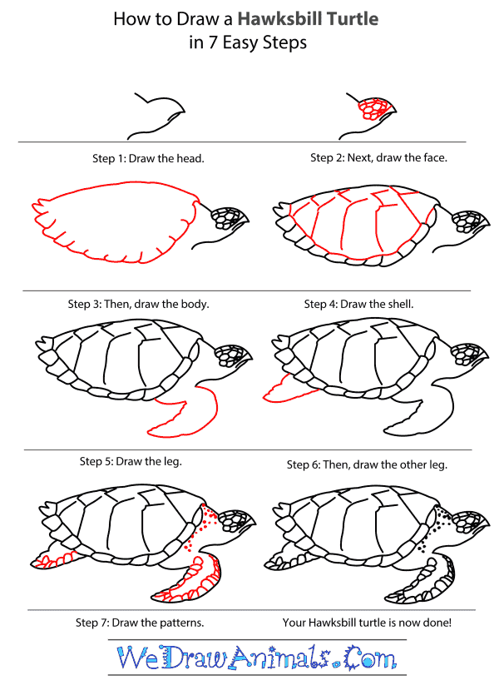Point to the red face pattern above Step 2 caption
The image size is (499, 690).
(x=370, y=109)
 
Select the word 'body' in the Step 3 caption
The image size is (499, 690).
(x=195, y=304)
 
